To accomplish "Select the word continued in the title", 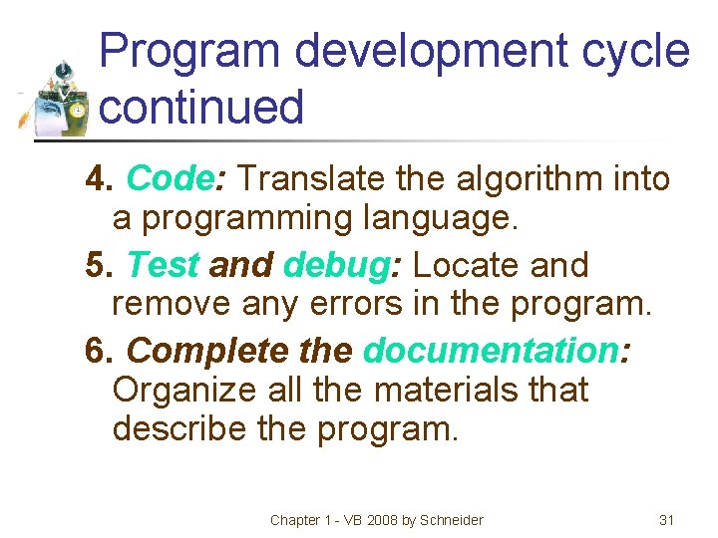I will (202, 107).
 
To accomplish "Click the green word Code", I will (168, 179).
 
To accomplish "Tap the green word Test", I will (164, 265).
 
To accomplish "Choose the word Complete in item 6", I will (204, 351).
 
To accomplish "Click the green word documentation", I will (491, 351).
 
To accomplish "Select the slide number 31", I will (667, 520).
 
